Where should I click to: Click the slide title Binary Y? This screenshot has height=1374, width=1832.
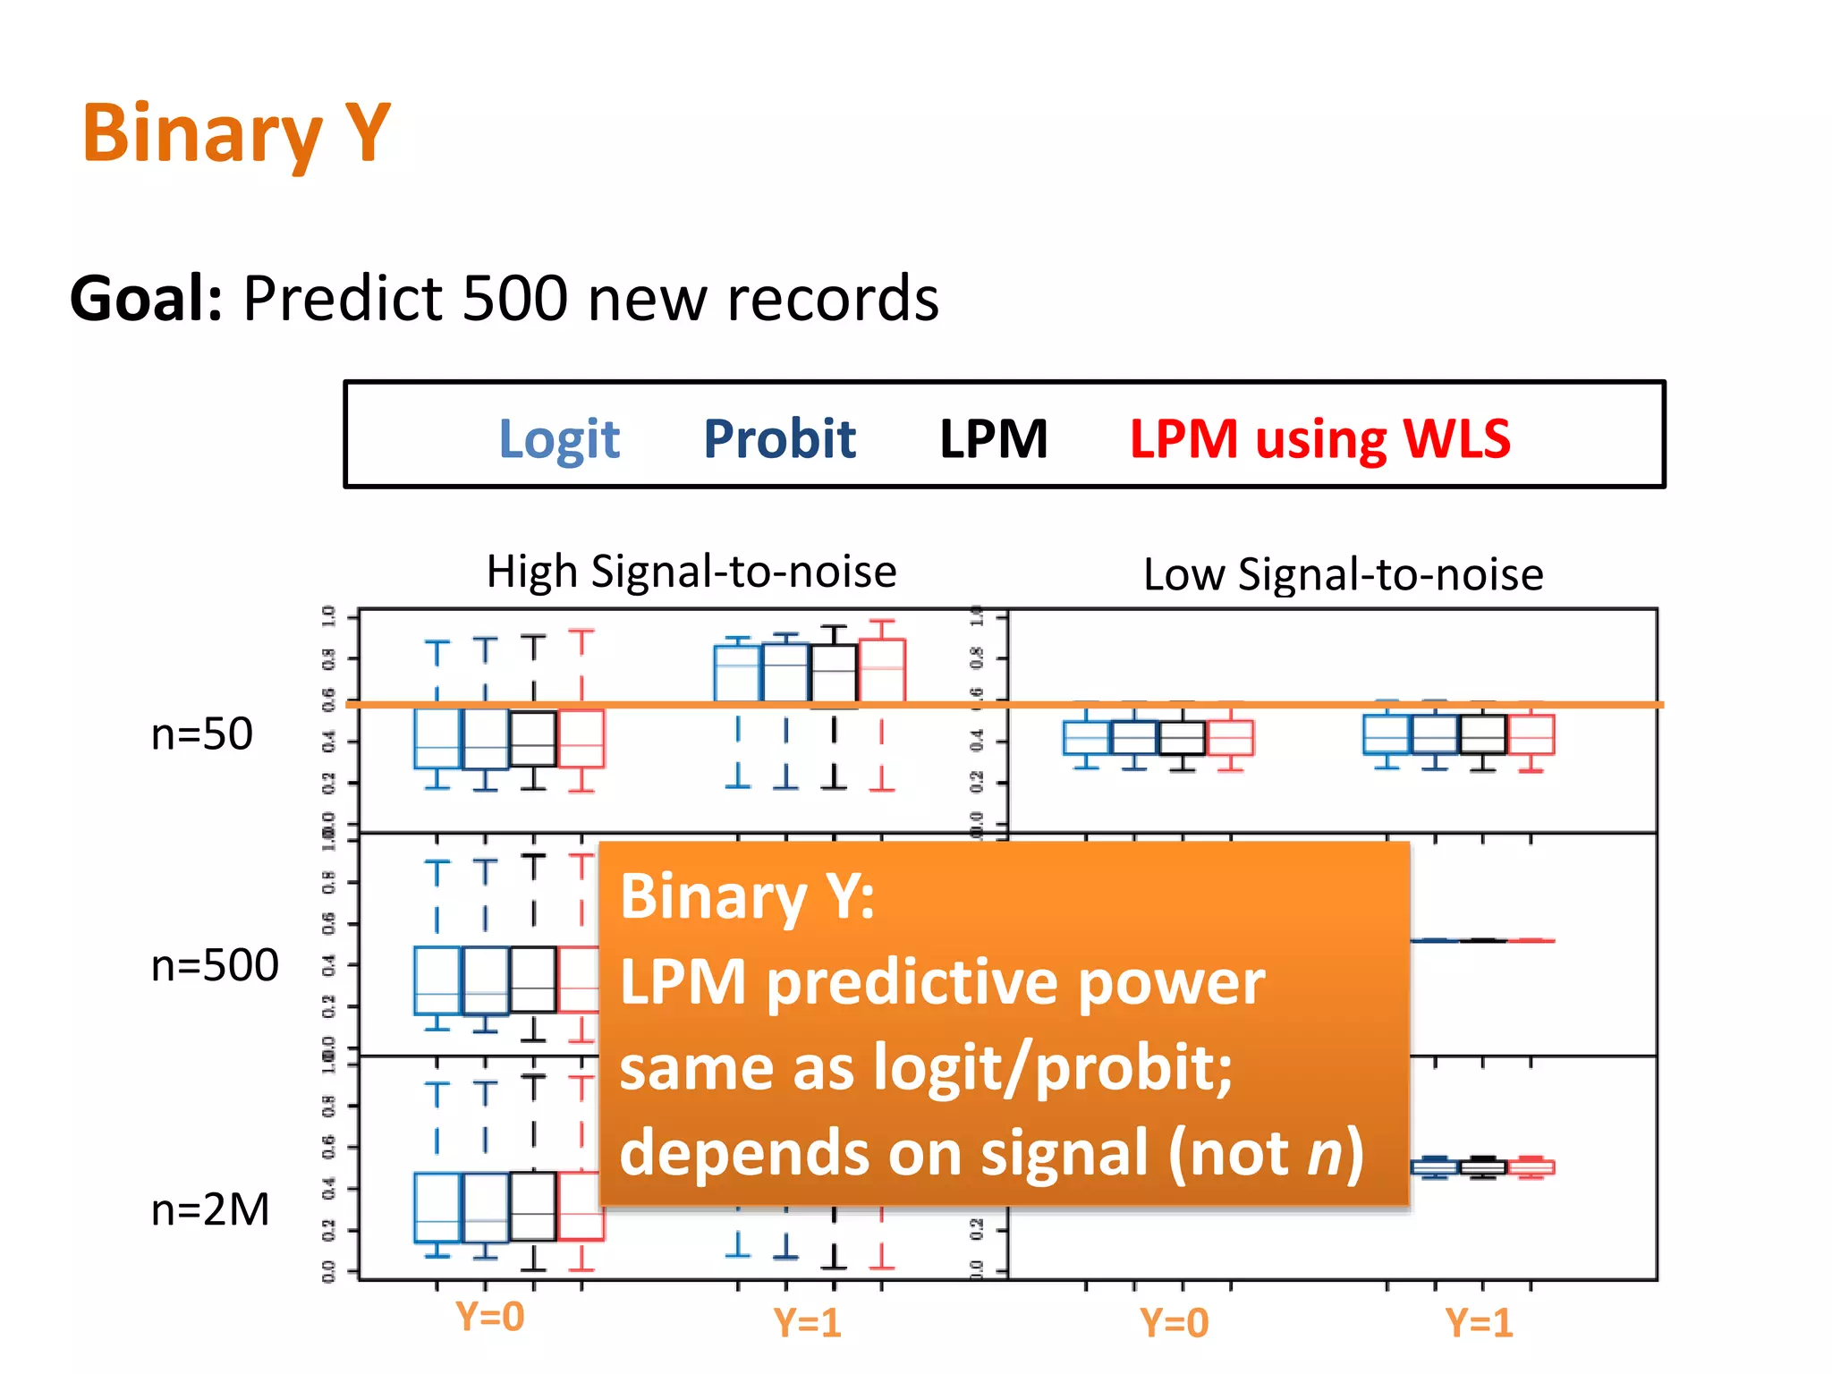[236, 134]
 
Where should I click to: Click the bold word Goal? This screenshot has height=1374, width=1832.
[146, 298]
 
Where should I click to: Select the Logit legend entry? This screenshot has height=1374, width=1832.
[559, 439]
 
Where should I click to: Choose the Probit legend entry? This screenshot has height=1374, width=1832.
[779, 439]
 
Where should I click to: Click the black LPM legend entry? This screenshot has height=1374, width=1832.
[993, 439]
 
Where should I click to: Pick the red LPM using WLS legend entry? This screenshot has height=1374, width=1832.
[1319, 439]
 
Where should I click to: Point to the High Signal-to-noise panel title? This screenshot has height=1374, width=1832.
[691, 572]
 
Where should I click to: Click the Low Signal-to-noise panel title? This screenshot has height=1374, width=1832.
[1343, 574]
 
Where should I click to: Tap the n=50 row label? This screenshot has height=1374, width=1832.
[202, 734]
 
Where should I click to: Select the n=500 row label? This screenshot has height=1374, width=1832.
[215, 965]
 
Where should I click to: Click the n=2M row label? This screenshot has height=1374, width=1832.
[210, 1209]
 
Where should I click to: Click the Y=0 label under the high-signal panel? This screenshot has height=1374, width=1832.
[489, 1317]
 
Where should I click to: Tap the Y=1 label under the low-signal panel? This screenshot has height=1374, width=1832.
[1479, 1322]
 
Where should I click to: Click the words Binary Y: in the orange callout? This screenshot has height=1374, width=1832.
[747, 896]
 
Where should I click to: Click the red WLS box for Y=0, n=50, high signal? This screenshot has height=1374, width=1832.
[581, 738]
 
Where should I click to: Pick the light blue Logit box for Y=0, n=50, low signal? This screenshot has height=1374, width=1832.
[1086, 738]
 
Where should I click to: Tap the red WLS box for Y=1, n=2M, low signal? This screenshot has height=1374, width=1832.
[1531, 1167]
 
